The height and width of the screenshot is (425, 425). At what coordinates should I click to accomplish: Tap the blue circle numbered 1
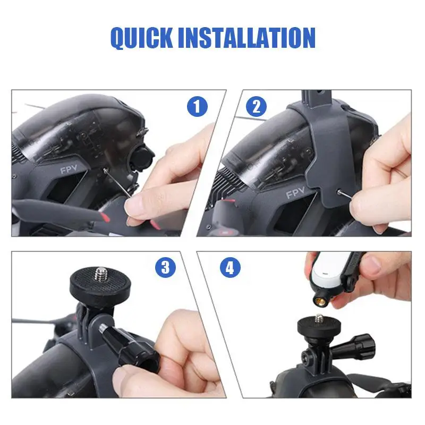tap(197, 107)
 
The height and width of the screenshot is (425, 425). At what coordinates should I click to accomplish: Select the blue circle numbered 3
tap(165, 267)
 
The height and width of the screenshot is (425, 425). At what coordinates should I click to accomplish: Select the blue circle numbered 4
tap(229, 267)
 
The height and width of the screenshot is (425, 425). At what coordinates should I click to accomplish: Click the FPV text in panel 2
tap(295, 193)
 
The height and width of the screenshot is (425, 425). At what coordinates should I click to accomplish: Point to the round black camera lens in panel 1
tap(144, 158)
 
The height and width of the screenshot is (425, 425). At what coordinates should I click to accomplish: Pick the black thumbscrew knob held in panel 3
tap(137, 348)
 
